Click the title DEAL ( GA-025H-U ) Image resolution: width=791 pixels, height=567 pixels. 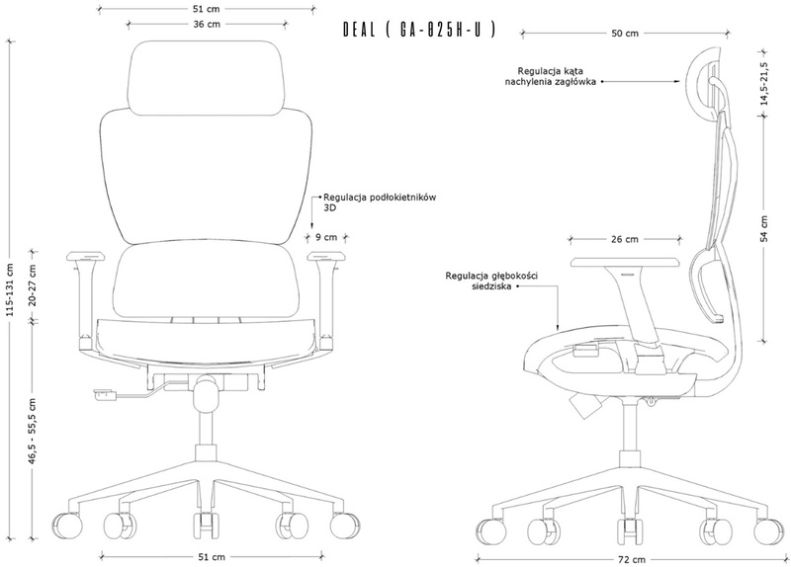(418, 30)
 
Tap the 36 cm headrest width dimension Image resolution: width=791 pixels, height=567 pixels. (207, 24)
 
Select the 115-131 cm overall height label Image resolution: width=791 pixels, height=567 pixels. (10, 290)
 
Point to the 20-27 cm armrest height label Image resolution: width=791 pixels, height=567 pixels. (33, 284)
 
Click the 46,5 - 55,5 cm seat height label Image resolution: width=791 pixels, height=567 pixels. (33, 431)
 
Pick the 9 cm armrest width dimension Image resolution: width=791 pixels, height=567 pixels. (326, 237)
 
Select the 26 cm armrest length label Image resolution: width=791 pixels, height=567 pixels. (625, 239)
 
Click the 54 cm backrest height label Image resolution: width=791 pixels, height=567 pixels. (764, 229)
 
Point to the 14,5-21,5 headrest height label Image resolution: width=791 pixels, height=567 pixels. (764, 84)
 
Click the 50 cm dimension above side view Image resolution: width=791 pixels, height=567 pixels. (625, 34)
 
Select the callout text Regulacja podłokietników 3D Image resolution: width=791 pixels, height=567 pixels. (380, 202)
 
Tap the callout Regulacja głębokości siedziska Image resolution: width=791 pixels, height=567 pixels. (491, 281)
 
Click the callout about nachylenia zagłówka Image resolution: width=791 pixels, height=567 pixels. (551, 76)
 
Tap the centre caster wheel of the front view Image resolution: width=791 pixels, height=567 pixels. (207, 526)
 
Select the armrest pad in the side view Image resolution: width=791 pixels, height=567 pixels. (626, 262)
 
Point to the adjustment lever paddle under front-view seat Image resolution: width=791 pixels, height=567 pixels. (105, 394)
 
